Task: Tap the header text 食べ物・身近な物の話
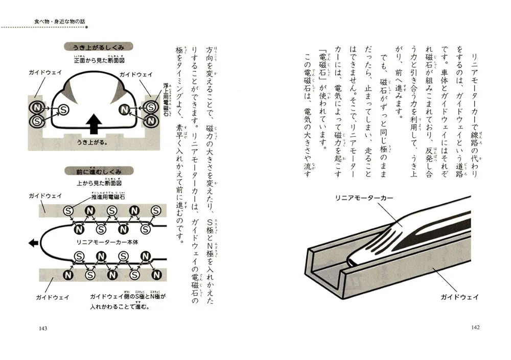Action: [x=56, y=21]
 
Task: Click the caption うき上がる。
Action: [x=92, y=142]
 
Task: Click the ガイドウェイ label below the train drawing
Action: [x=458, y=296]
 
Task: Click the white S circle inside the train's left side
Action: [x=63, y=110]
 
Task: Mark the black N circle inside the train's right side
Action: [x=124, y=110]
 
